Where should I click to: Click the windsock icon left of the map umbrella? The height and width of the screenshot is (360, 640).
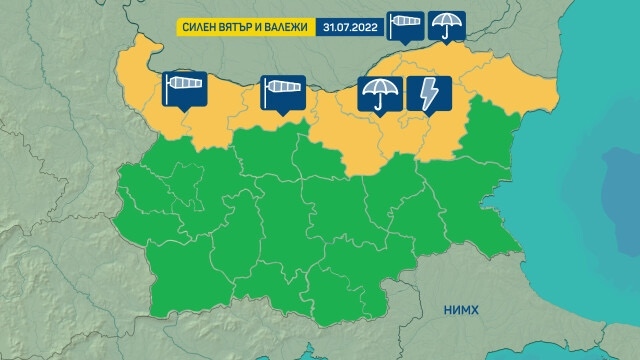[x=281, y=92]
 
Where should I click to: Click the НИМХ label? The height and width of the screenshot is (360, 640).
[x=461, y=311]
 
